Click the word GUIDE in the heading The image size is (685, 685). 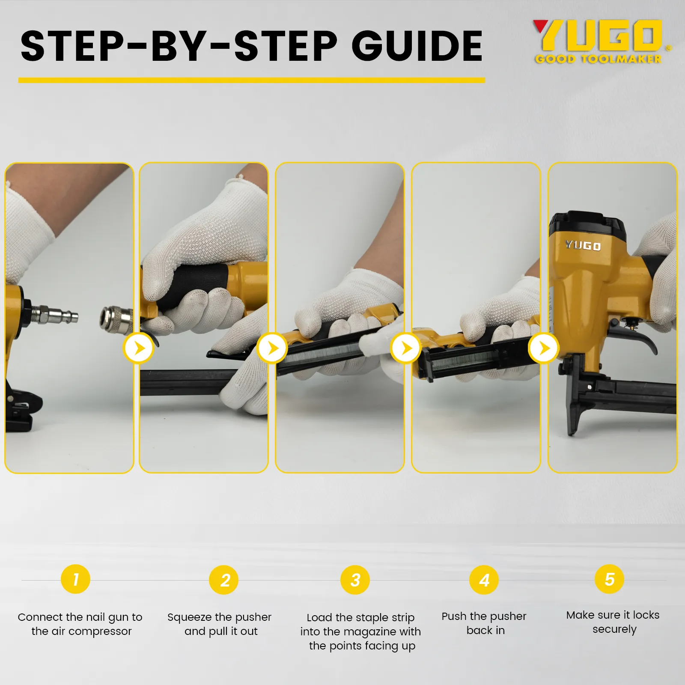point(417,46)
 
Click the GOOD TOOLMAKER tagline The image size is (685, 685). point(599,59)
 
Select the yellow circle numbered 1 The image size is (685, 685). point(76,579)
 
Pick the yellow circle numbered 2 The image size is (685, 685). point(223,580)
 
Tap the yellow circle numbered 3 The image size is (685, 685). point(355,580)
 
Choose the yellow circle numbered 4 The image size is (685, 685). point(484,580)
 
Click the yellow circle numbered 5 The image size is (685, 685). point(609,579)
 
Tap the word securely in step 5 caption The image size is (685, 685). point(614,630)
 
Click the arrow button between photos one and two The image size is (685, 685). point(138,348)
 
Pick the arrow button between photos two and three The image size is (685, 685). point(272,348)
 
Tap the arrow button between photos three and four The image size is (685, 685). point(405,348)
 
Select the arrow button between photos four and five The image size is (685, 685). point(543,348)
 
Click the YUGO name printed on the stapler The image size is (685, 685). point(583,245)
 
